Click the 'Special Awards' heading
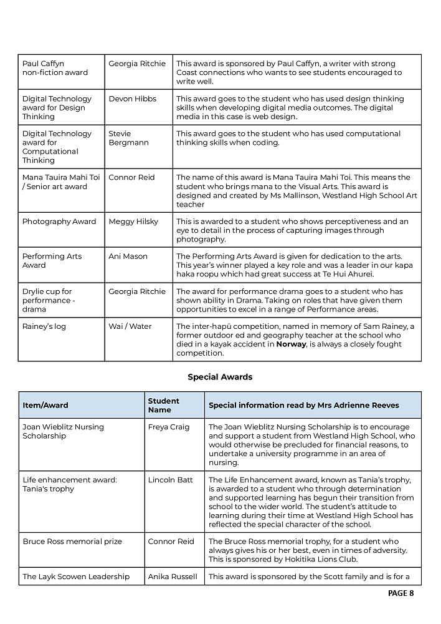pyautogui.click(x=220, y=377)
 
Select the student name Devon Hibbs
pyautogui.click(x=132, y=99)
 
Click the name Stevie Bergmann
pyautogui.click(x=129, y=138)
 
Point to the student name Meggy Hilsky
pyautogui.click(x=133, y=222)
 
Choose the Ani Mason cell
pyautogui.click(x=128, y=256)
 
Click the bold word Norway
pyautogui.click(x=291, y=344)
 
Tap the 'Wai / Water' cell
pyautogui.click(x=130, y=326)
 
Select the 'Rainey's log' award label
pyautogui.click(x=44, y=326)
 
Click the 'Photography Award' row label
pyautogui.click(x=59, y=222)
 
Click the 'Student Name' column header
pyautogui.click(x=163, y=405)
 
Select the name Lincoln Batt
pyautogui.click(x=170, y=480)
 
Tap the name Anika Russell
pyautogui.click(x=173, y=577)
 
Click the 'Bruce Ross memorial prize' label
pyautogui.click(x=72, y=541)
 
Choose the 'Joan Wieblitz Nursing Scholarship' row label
pyautogui.click(x=63, y=431)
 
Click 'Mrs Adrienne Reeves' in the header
pyautogui.click(x=363, y=405)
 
